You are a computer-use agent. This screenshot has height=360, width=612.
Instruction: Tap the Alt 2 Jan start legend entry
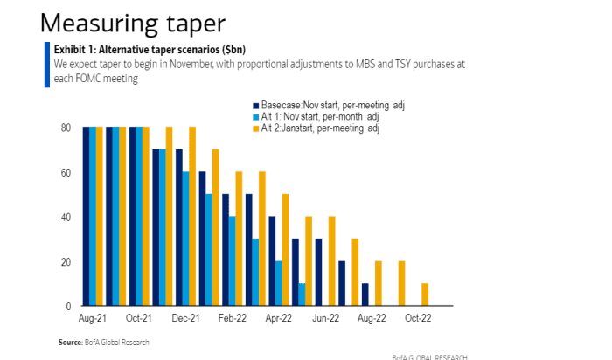326,129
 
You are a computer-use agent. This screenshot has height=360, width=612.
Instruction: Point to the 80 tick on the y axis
65,128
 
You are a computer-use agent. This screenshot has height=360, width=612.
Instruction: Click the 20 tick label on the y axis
65,262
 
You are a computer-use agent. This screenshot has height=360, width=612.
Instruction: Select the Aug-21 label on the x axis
93,320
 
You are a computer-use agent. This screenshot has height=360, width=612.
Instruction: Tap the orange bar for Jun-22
332,261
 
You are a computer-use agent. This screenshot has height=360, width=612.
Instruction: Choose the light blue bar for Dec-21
185,239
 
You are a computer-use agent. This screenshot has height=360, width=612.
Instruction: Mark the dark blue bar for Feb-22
226,250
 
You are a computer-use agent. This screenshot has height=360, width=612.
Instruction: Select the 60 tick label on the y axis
65,173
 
